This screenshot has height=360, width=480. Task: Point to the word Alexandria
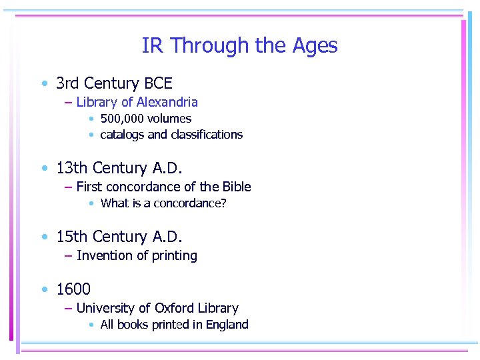click(x=167, y=102)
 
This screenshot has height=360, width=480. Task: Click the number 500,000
click(x=123, y=119)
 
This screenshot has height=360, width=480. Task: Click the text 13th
click(x=73, y=168)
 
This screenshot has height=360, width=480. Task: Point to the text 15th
click(x=73, y=237)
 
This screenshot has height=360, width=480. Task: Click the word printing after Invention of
click(x=175, y=256)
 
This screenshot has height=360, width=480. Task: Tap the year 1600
click(x=73, y=289)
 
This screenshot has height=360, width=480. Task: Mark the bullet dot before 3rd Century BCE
click(x=44, y=84)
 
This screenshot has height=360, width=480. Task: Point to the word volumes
click(x=171, y=119)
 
